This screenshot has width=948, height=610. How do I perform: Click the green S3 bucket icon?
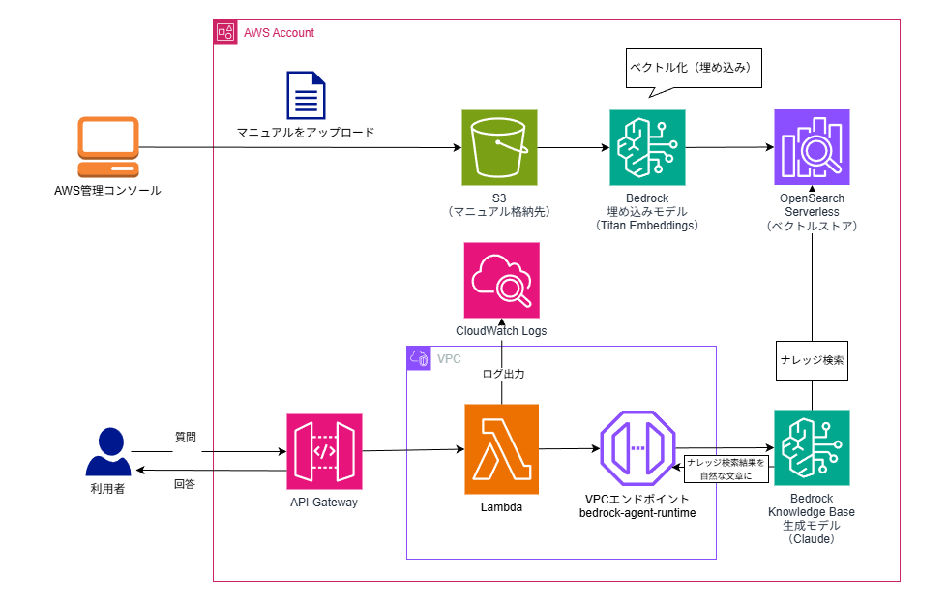click(501, 147)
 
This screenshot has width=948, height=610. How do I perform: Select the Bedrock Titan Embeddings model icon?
click(647, 147)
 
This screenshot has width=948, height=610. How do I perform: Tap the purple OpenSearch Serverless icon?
click(812, 147)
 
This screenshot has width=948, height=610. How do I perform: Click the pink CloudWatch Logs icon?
click(501, 281)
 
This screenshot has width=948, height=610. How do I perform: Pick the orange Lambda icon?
click(501, 448)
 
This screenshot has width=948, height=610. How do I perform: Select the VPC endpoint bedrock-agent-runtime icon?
click(637, 448)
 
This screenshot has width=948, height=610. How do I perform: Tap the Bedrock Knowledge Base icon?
click(812, 448)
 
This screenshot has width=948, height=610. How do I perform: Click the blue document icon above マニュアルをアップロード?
click(305, 95)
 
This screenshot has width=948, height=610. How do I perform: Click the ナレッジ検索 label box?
click(812, 359)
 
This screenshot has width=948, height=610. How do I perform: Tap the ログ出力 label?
click(503, 373)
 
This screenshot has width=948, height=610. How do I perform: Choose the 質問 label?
click(185, 437)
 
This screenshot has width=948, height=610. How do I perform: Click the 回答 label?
click(185, 483)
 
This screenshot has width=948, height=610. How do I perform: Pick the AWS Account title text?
click(279, 33)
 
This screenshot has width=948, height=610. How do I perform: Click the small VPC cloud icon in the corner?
click(419, 358)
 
